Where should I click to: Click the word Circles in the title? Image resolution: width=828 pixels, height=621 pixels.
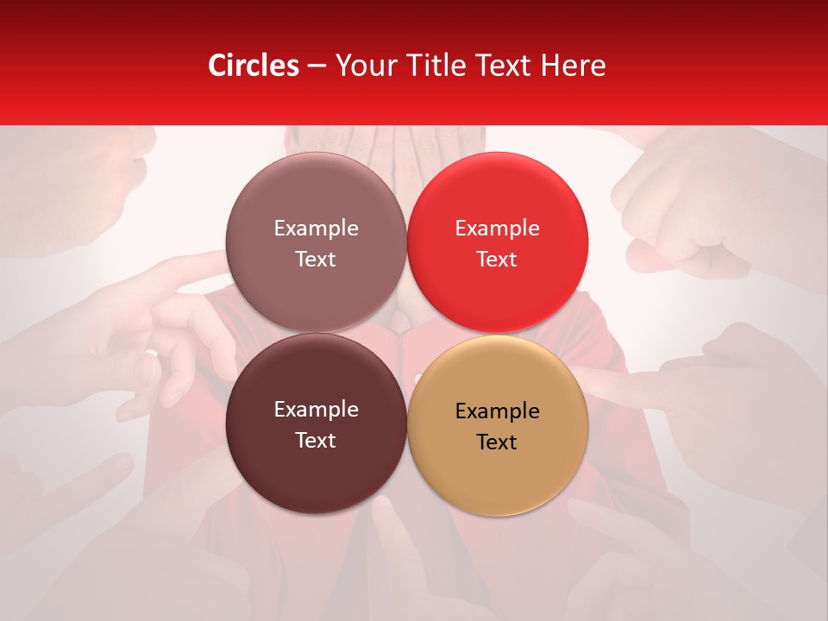point(254,66)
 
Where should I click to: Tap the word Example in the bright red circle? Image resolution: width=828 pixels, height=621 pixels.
point(497,229)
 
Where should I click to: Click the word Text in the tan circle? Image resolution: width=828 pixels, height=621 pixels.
point(497,442)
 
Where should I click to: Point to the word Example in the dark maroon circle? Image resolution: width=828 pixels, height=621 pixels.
point(316,410)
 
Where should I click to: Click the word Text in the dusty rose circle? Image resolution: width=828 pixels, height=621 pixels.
point(316,260)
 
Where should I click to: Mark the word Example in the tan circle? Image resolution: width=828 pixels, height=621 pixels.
point(497,411)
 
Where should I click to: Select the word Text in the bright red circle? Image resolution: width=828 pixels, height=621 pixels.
point(497,260)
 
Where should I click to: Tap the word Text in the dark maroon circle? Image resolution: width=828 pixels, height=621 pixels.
point(316,441)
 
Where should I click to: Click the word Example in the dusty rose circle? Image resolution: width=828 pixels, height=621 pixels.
point(316,229)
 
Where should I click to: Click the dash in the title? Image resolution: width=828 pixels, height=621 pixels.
point(316,66)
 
